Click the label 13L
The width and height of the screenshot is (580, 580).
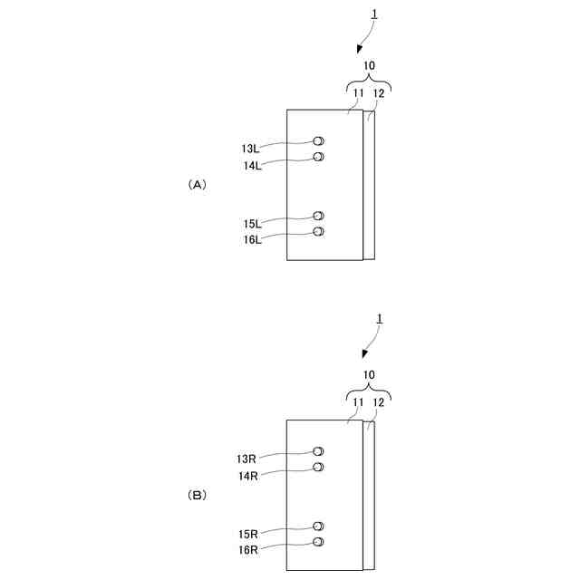(x=250, y=149)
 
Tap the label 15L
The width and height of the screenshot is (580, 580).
(x=250, y=223)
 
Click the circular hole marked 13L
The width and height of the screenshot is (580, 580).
(x=318, y=141)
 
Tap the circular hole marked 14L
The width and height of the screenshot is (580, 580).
(x=318, y=157)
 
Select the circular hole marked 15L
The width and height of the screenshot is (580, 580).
(x=318, y=216)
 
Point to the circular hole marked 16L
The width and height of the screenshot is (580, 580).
(x=318, y=232)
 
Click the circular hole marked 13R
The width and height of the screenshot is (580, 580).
(x=318, y=451)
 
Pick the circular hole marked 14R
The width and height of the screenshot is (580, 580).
(x=318, y=467)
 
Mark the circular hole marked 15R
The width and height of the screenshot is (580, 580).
(x=318, y=526)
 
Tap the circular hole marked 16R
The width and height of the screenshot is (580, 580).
(x=318, y=542)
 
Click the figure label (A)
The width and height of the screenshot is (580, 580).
(x=198, y=184)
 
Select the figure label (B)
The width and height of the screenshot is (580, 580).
(x=198, y=495)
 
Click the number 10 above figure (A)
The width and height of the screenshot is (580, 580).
(x=370, y=65)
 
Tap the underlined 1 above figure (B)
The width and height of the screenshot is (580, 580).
(x=381, y=319)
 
